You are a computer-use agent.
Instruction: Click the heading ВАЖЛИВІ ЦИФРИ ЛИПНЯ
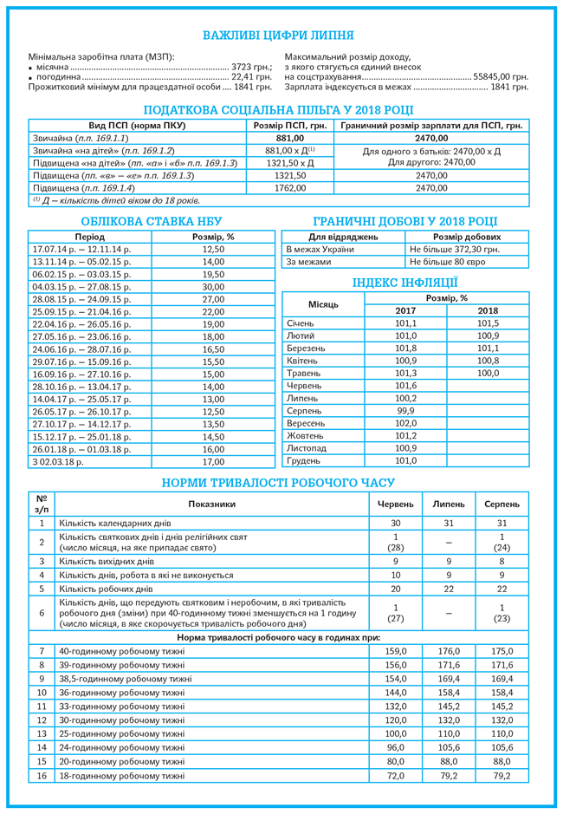point(278,36)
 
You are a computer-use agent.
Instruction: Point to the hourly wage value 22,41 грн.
point(250,76)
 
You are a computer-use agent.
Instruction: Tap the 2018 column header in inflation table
point(488,310)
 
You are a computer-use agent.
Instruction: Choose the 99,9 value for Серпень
point(405,411)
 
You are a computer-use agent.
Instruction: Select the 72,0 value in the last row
point(396,776)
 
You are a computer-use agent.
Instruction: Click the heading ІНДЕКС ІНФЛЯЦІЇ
point(404,283)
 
